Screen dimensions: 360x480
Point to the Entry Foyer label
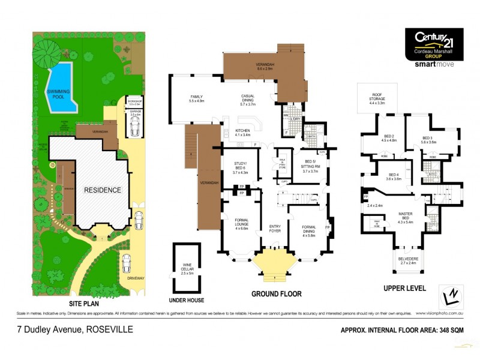[x=275, y=228]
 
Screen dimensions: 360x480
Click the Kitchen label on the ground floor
[x=243, y=133]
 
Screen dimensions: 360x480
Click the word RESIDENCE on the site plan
[x=103, y=190]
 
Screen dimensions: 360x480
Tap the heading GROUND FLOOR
[x=277, y=294]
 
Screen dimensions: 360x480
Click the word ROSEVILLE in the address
[x=110, y=329]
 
